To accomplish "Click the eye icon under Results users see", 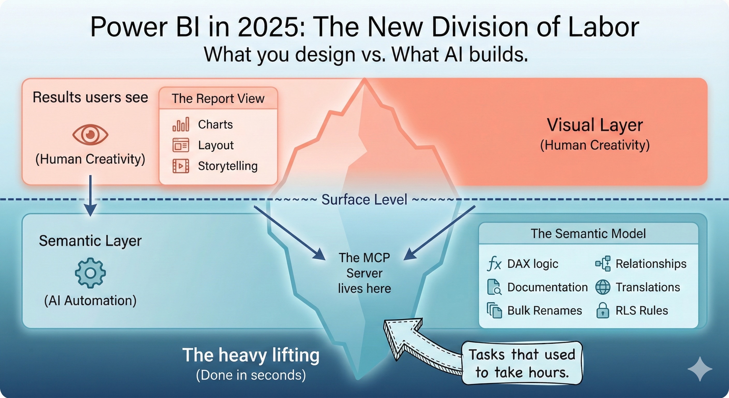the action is coord(90,134).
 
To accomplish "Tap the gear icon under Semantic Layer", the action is coord(90,273).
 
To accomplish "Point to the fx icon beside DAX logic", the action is coord(494,264).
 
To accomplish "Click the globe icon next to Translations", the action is coord(603,287).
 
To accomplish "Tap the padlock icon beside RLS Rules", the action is coord(603,310).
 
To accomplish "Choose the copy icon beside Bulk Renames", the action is coord(494,310).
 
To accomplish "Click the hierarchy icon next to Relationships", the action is coord(603,264).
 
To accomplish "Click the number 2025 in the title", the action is coord(271,27).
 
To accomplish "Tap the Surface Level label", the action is coord(364,200).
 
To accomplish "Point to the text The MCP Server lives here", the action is coord(364,273).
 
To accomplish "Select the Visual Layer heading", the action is coord(595,125).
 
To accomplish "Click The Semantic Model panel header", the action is coord(588,234).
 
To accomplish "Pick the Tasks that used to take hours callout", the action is coord(522,364).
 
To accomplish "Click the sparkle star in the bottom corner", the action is coord(699,369).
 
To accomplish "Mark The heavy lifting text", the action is coord(251,355).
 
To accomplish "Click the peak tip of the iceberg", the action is coord(364,79).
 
